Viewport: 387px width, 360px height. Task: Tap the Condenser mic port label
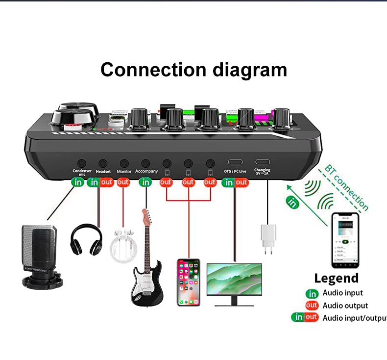82,172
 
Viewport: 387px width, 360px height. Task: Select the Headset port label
103,171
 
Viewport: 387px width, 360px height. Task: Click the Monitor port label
124,171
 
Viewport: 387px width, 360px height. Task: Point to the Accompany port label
146,171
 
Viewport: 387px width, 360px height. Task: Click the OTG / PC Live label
235,171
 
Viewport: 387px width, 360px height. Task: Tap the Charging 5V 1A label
262,172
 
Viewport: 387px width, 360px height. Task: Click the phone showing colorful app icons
189,282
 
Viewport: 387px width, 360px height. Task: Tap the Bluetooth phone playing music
345,240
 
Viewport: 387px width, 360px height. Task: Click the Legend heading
336,278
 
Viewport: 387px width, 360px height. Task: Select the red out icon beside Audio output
312,305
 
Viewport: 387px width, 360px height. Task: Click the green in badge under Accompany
145,182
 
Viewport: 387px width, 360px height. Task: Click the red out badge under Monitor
123,182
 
